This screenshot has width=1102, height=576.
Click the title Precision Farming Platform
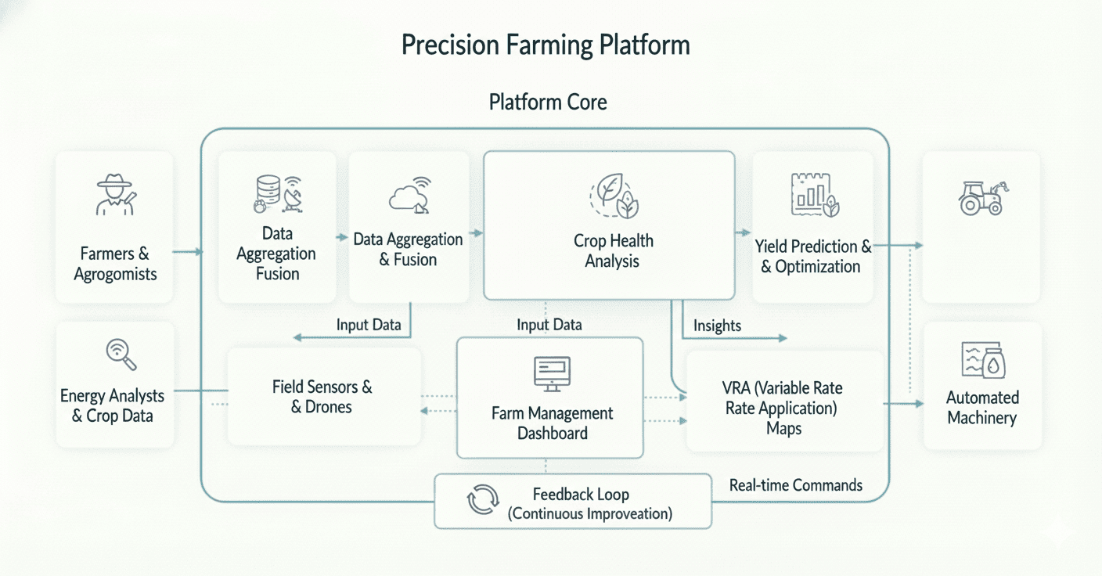546,45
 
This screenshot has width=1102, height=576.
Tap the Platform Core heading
547,102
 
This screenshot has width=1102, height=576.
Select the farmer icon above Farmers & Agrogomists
115,195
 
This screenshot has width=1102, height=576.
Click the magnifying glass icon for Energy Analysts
121,355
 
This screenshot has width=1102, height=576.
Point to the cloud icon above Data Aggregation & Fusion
409,196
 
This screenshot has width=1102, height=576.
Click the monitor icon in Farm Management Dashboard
552,373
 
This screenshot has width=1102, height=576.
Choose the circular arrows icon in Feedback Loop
482,500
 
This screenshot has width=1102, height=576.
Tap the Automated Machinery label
981,407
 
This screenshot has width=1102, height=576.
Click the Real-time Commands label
795,485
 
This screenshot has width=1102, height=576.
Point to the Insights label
717,326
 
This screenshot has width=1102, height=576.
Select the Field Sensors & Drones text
322,396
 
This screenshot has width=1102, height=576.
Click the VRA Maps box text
783,408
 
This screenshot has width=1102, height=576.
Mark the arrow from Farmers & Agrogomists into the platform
186,252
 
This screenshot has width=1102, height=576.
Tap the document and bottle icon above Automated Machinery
982,361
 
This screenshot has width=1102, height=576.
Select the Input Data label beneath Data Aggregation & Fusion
369,324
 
